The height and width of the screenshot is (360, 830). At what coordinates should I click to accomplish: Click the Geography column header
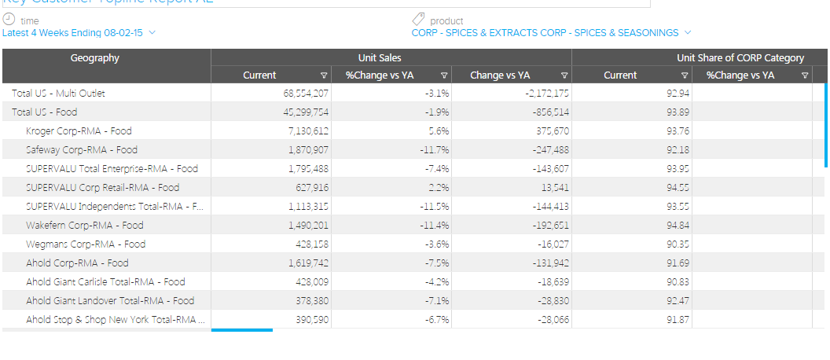[x=95, y=57]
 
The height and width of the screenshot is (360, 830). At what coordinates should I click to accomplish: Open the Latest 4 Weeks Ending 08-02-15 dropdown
[x=79, y=33]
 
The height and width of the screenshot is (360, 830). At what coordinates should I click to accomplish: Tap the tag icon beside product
[x=418, y=20]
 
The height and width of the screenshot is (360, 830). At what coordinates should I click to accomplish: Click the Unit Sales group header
[x=391, y=57]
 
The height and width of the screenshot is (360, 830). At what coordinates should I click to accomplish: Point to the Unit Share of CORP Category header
[x=740, y=57]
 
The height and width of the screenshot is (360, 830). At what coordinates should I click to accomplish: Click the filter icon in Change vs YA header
[x=564, y=75]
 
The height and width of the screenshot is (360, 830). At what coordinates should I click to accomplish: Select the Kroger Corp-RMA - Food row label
[x=79, y=131]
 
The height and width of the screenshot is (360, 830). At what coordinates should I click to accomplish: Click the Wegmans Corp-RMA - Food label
[x=86, y=244]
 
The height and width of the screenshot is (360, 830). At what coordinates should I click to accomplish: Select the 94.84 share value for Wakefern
[x=678, y=226]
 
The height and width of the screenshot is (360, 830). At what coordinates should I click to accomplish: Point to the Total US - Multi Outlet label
[x=58, y=94]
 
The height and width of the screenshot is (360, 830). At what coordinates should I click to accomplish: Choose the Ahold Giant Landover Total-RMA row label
[x=110, y=301]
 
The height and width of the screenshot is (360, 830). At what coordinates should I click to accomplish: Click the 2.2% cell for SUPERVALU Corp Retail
[x=436, y=188]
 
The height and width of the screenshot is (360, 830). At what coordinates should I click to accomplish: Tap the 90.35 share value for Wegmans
[x=678, y=244]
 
